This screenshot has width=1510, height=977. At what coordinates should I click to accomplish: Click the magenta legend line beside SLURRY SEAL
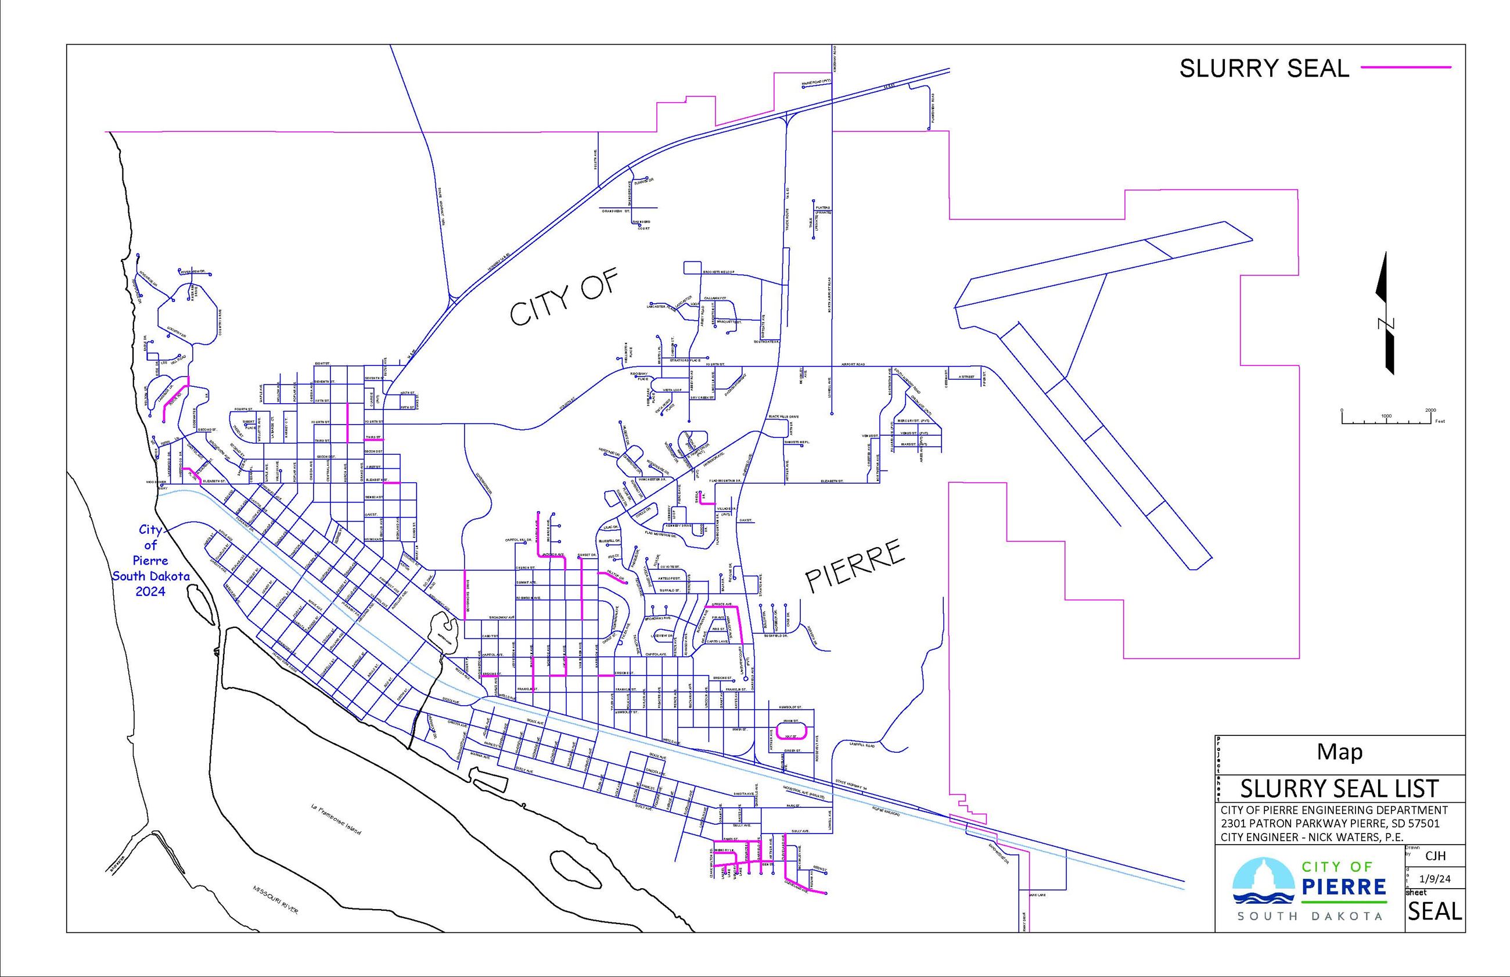[x=1405, y=67]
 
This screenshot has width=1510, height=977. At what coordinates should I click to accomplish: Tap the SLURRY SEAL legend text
[x=1264, y=69]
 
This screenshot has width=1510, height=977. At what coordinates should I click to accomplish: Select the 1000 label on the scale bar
[x=1386, y=416]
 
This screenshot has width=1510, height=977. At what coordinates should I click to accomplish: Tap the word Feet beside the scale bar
[x=1440, y=421]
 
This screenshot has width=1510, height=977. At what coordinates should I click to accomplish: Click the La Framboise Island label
[x=336, y=819]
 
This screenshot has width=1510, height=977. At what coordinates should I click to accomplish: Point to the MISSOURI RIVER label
[x=275, y=900]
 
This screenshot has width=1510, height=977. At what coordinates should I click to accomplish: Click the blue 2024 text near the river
[x=150, y=591]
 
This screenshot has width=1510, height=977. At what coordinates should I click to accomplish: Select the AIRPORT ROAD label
[x=853, y=365]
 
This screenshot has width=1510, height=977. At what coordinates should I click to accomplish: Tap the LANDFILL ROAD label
[x=862, y=745]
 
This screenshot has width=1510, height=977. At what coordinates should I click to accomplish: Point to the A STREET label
[x=966, y=377]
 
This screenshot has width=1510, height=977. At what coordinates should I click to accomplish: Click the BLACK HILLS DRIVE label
[x=783, y=417]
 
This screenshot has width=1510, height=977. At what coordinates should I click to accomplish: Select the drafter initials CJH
[x=1435, y=856]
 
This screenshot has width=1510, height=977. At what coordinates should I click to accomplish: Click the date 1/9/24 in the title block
[x=1435, y=879]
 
